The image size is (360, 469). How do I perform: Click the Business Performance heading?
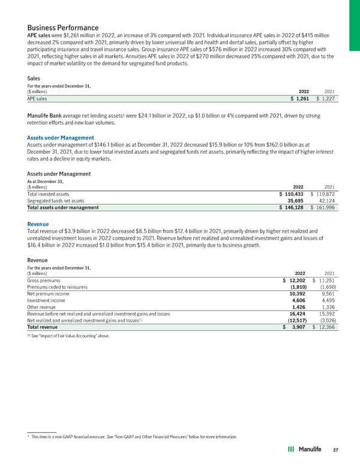click(x=63, y=28)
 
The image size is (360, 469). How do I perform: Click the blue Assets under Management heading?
click(x=61, y=138)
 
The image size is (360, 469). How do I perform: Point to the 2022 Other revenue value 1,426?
click(x=300, y=307)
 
